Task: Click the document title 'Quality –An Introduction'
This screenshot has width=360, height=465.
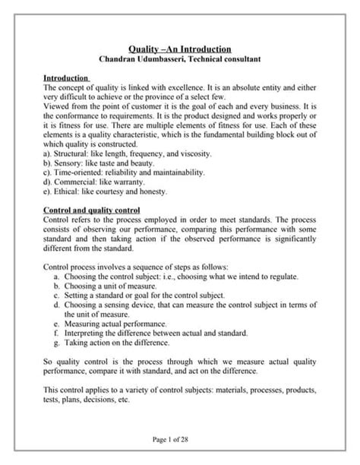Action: click(x=179, y=49)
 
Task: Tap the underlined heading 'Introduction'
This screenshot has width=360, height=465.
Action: click(x=66, y=78)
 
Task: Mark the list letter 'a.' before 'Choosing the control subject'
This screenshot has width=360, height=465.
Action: click(x=58, y=277)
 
